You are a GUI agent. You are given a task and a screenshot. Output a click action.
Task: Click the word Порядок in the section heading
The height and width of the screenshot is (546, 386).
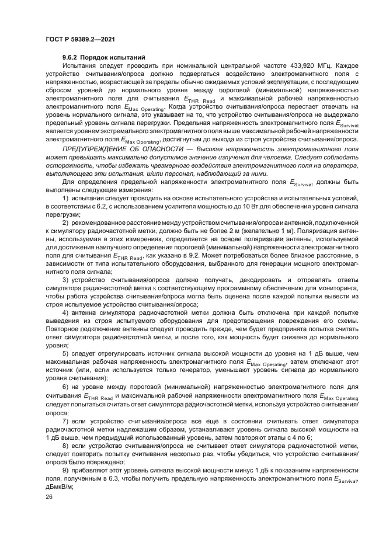click(x=99, y=57)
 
